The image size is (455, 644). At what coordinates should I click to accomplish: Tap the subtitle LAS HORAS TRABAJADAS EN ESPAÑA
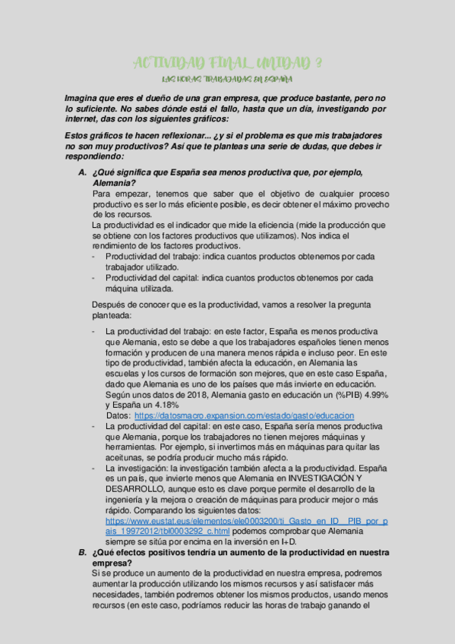point(227,78)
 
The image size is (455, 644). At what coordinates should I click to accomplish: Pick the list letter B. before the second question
point(83,552)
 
